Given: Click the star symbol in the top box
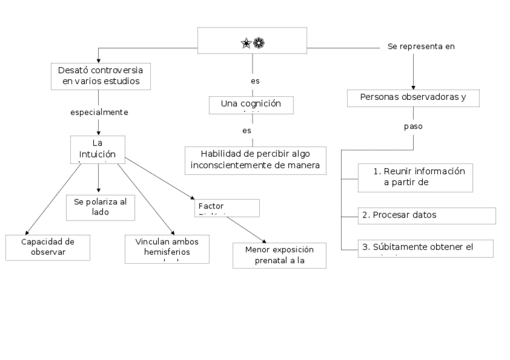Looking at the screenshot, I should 246,43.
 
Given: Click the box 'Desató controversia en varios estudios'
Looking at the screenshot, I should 99,76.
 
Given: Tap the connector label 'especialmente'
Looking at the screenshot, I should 99,112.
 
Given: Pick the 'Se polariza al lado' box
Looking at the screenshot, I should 100,207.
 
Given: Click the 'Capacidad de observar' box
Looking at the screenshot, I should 48,247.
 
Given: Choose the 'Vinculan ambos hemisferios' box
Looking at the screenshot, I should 167,249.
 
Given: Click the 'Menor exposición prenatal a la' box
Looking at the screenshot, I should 280,255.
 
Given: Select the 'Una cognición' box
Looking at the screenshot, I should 251,105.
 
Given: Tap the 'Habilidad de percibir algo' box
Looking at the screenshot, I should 255,160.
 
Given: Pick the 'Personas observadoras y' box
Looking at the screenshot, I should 413,97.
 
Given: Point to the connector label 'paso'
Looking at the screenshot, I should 413,127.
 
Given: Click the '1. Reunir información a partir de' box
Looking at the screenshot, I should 414,177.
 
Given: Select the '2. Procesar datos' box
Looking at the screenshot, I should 426,215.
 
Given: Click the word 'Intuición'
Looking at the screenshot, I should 97,154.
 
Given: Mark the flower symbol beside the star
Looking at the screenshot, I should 259,43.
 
